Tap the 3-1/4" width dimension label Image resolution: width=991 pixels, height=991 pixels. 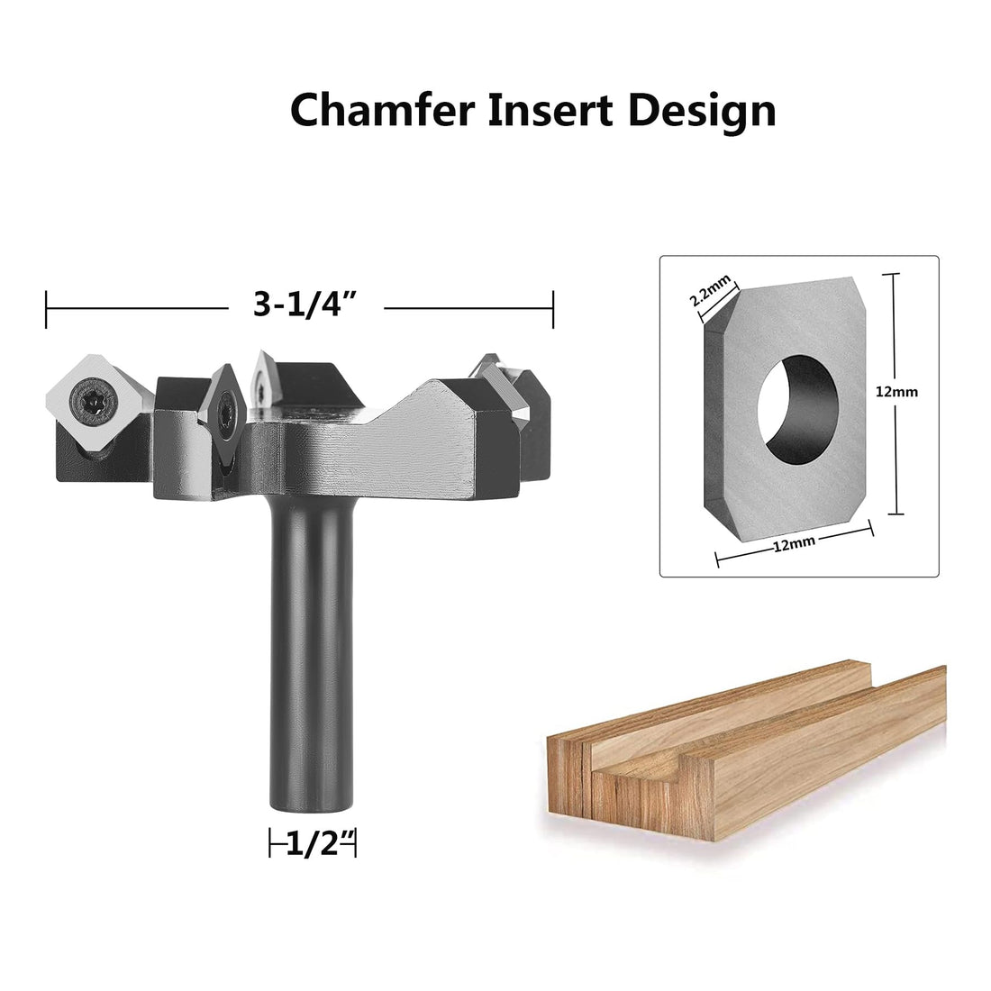(x=306, y=306)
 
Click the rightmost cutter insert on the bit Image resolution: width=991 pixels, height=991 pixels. (x=518, y=387)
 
